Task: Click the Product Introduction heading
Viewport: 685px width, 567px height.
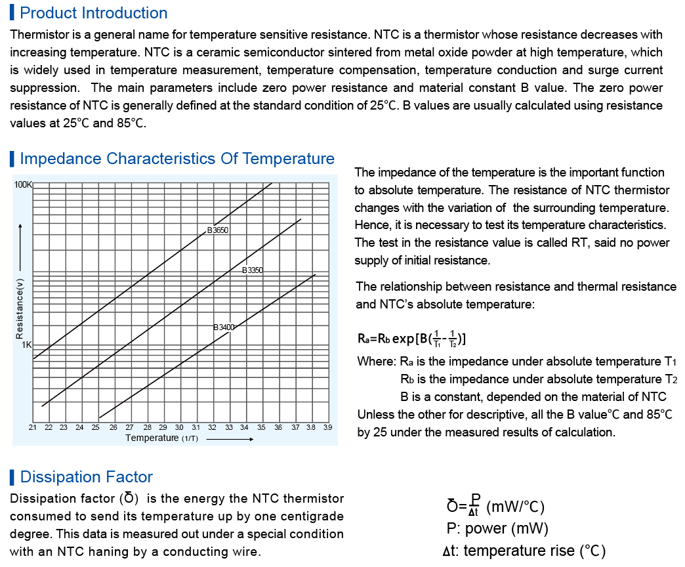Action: pos(94,13)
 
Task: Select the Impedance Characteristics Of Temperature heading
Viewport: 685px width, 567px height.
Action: pos(177,159)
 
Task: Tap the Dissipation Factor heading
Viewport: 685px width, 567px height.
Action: pos(87,477)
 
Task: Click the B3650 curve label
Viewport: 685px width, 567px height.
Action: pos(218,230)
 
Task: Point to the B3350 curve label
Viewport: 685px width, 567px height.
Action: pos(253,270)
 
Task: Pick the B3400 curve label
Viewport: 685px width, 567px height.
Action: pos(224,327)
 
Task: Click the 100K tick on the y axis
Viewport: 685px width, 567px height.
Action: pos(23,185)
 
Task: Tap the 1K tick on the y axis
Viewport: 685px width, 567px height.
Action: pos(27,345)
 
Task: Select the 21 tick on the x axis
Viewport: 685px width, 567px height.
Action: pos(33,427)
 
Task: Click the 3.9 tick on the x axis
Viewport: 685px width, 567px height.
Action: pos(327,427)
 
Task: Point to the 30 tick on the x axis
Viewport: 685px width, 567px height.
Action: pos(179,427)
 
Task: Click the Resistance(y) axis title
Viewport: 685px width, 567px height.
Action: pos(20,308)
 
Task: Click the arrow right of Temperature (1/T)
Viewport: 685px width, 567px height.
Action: pos(230,438)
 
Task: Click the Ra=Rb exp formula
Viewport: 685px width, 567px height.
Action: pos(412,339)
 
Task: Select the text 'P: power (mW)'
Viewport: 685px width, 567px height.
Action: pos(497,528)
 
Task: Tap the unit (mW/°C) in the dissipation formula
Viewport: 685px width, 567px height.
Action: pos(516,507)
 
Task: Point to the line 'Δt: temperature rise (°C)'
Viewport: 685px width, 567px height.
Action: pos(524,551)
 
